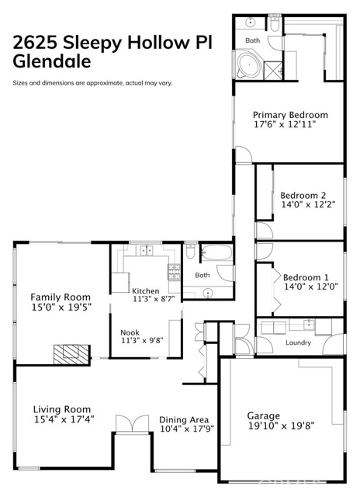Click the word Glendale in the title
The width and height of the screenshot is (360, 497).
tap(52, 61)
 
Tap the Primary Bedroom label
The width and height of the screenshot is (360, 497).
tap(290, 115)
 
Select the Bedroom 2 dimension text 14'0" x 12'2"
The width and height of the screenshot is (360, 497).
tap(308, 204)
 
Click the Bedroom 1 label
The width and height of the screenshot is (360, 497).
tap(306, 278)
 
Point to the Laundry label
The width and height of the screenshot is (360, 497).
tap(298, 342)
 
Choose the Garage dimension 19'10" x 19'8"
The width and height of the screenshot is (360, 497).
tap(281, 426)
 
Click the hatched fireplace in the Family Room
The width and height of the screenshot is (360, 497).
tap(71, 355)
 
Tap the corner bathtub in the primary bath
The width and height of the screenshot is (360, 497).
tap(249, 64)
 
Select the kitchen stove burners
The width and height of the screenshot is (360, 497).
tap(174, 272)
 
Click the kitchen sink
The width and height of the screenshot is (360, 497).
tap(147, 250)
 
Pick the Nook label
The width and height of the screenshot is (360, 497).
tap(130, 332)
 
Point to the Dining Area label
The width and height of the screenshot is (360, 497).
tap(184, 419)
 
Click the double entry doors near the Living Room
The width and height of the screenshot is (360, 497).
tap(133, 424)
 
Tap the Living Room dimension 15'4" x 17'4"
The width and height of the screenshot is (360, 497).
tap(64, 419)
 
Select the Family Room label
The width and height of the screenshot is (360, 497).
tap(61, 297)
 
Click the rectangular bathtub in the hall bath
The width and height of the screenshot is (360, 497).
tap(217, 252)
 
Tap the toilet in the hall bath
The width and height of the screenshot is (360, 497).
tap(191, 251)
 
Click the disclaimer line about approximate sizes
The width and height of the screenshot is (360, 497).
tap(92, 83)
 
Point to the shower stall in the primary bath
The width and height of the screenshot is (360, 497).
tap(272, 71)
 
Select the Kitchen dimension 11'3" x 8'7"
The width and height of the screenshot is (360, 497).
tap(154, 298)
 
